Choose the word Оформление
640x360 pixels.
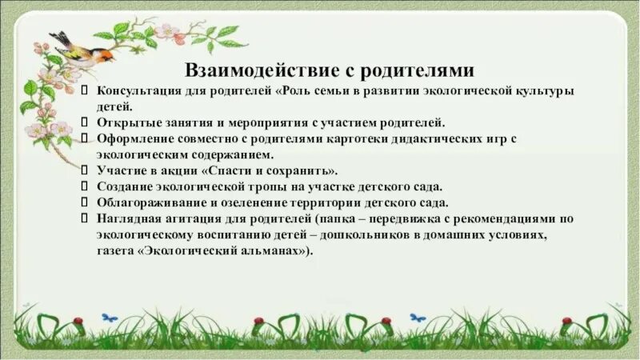point(132,139)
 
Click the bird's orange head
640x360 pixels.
point(102,54)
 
